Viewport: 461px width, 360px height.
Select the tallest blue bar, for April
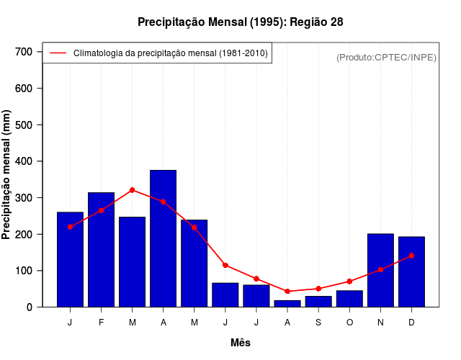[163, 238]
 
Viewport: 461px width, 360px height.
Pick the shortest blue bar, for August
[287, 304]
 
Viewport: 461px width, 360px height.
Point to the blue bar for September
[318, 302]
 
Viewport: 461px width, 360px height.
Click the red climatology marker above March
[132, 190]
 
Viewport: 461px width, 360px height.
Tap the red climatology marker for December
[411, 256]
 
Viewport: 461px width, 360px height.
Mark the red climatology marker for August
[287, 292]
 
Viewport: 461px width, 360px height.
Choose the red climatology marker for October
[349, 282]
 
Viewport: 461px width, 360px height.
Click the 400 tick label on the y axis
[24, 161]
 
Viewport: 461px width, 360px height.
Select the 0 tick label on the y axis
[30, 307]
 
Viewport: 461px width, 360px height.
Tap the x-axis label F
[101, 323]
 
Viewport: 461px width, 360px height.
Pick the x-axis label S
[318, 323]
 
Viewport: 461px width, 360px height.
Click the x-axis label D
[411, 323]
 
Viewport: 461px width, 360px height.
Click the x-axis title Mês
[241, 343]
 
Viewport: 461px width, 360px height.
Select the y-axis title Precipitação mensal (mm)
[6, 175]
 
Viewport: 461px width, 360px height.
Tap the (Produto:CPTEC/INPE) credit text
[386, 57]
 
